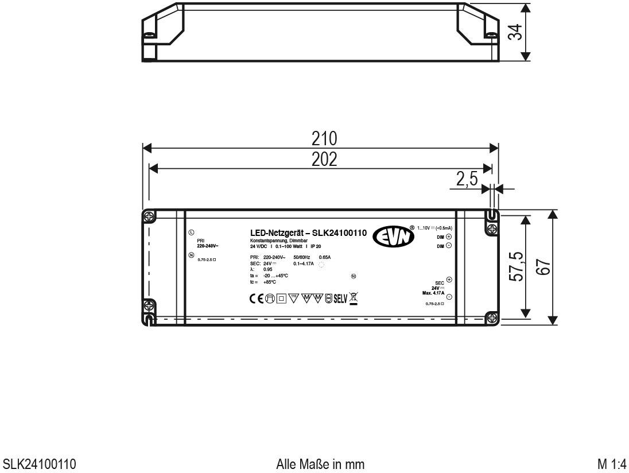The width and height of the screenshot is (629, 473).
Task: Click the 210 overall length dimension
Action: (324, 139)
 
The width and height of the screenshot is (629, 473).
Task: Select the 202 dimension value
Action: (324, 160)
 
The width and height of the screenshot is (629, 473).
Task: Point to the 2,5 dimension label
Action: (467, 180)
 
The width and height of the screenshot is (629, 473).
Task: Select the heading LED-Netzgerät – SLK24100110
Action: (309, 233)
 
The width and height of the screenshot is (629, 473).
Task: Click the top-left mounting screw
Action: (148, 217)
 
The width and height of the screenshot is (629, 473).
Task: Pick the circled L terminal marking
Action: (191, 232)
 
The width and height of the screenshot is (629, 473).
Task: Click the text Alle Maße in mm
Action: (320, 463)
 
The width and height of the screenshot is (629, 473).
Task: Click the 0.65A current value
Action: (325, 257)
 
